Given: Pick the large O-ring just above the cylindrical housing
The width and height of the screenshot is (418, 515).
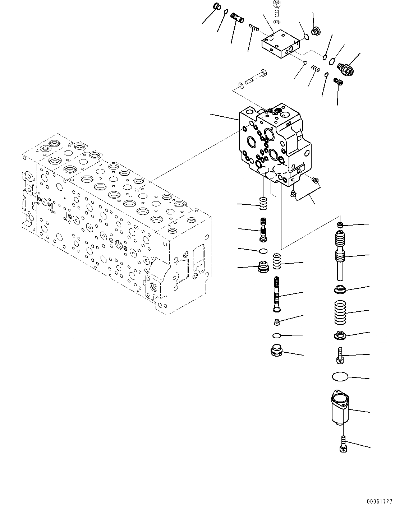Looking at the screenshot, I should coord(340,376).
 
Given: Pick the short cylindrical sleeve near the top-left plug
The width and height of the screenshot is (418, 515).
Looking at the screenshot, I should coord(238,17).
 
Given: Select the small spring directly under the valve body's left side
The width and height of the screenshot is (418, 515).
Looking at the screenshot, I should coord(263,204).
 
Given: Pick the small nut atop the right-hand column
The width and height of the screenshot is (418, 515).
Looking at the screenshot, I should coord(339,225).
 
